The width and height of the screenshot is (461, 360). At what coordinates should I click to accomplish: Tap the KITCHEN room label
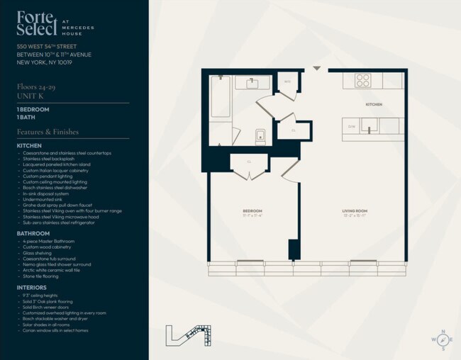[x=374, y=104]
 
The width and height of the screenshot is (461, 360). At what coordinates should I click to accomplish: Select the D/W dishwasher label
[x=351, y=126]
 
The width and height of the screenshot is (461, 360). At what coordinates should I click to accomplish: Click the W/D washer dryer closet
[x=287, y=81]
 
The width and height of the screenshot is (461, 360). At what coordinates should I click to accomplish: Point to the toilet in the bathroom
[x=259, y=136]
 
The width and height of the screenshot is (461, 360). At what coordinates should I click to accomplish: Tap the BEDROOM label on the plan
[x=252, y=211]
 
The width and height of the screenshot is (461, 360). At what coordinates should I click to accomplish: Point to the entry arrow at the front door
[x=316, y=69]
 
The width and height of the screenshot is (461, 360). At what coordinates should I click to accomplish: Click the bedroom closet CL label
[x=249, y=162]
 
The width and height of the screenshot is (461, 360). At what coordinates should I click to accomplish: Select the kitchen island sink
[x=367, y=126]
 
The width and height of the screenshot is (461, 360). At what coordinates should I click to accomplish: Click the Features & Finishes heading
[x=48, y=132]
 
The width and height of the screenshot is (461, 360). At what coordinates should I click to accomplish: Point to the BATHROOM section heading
[x=33, y=233]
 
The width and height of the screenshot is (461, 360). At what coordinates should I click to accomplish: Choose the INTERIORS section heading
[x=32, y=288]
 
